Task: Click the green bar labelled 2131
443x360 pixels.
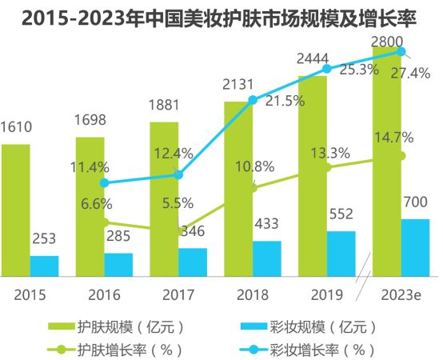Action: (x=238, y=188)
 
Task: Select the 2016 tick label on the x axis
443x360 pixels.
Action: (x=104, y=292)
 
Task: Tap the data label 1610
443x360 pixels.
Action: (x=17, y=127)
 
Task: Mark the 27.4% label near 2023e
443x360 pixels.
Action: (x=411, y=73)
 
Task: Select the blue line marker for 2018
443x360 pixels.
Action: (x=253, y=100)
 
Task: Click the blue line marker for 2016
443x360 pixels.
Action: (x=104, y=182)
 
